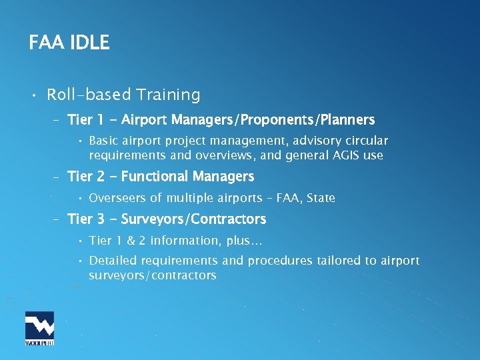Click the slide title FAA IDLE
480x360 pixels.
point(69,43)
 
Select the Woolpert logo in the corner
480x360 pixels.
point(39,328)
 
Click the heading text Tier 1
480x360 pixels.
point(85,120)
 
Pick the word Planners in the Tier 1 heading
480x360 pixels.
point(347,120)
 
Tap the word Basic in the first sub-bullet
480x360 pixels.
point(104,141)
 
